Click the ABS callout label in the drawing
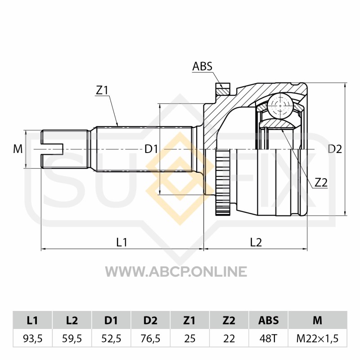pos(202,66)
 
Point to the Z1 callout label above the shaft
pos(102,90)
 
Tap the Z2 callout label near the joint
pos(321,183)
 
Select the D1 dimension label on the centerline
pos(151,149)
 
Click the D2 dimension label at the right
pos(335,149)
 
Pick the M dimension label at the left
pos(18,149)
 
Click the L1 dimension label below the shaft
pos(121,242)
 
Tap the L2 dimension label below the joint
pos(256,242)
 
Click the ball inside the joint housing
pos(280,106)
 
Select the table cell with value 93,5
pos(32,338)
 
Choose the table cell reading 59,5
pos(72,338)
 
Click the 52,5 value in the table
pos(111,338)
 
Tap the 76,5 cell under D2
pos(150,338)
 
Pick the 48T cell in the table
pos(268,338)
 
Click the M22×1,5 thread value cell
pos(318,338)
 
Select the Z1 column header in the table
pos(189,320)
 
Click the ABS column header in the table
pos(268,320)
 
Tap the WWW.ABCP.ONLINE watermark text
pos(176,271)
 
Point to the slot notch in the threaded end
pos(52,149)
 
